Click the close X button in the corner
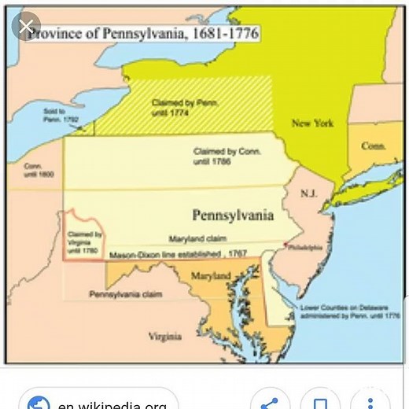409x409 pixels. pyautogui.click(x=28, y=28)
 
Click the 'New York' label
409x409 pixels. pyautogui.click(x=312, y=123)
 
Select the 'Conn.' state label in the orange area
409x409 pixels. pyautogui.click(x=373, y=146)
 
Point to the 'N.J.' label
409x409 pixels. pyautogui.click(x=308, y=193)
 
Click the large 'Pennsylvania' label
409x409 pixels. pyautogui.click(x=233, y=215)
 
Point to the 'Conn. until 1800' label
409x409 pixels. pyautogui.click(x=39, y=169)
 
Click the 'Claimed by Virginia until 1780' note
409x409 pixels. pyautogui.click(x=84, y=240)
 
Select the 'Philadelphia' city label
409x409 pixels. pyautogui.click(x=305, y=247)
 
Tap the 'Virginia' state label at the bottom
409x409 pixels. pyautogui.click(x=165, y=336)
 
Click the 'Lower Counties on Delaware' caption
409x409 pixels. pyautogui.click(x=340, y=309)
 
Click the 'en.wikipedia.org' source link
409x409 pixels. pyautogui.click(x=110, y=403)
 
